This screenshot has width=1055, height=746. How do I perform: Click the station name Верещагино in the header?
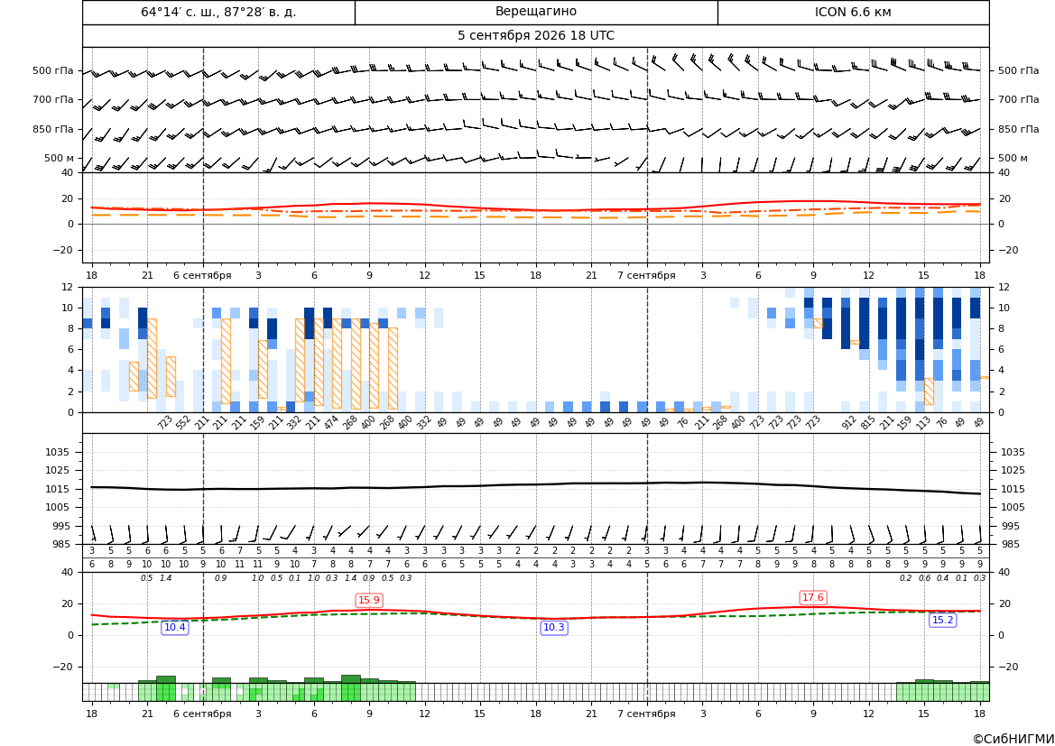[535, 12]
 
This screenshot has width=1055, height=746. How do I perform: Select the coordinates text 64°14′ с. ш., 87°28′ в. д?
[218, 12]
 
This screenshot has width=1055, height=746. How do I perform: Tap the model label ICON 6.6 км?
[853, 12]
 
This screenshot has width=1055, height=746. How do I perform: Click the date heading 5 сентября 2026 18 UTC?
[535, 36]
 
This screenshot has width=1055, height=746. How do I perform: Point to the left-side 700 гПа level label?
[53, 99]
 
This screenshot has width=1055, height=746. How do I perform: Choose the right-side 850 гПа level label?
[1018, 129]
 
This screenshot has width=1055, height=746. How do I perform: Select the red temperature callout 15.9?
[369, 600]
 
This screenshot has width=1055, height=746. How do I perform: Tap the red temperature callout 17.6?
[813, 597]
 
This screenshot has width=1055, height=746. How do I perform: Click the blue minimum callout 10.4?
[175, 628]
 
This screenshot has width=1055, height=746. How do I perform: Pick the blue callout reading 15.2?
[942, 621]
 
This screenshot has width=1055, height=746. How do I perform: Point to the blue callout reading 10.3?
[554, 628]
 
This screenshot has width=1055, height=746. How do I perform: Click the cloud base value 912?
[848, 423]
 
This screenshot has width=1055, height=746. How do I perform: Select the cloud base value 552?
[183, 423]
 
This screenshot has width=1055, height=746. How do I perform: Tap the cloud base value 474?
[331, 423]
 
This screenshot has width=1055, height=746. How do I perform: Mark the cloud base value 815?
[867, 423]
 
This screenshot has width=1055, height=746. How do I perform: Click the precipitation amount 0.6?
[924, 578]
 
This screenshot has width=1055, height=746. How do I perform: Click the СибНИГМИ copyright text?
[1013, 739]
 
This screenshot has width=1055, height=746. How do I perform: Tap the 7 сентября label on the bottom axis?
[646, 714]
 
